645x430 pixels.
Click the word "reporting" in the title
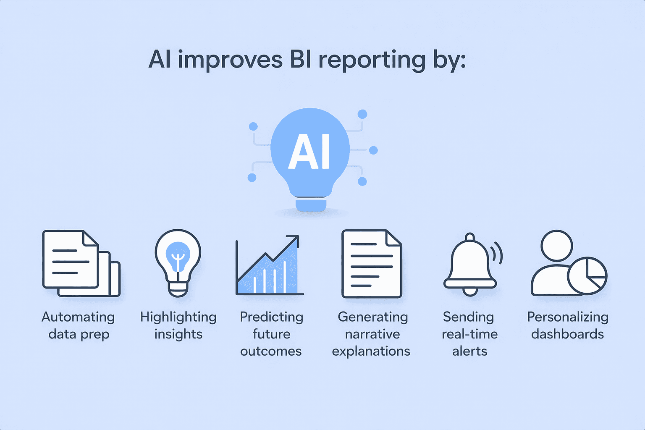[x=372, y=60]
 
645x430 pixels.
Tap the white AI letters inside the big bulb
[x=309, y=152]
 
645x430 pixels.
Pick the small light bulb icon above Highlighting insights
[x=178, y=263]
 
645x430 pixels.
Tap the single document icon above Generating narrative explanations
[x=372, y=264]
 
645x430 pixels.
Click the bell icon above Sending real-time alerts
[x=470, y=265]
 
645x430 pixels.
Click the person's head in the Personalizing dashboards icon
[x=557, y=246]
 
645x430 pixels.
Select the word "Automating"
[x=78, y=317]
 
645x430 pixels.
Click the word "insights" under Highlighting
[x=178, y=334]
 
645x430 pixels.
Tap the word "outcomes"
[x=271, y=351]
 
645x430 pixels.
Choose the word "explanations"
[x=371, y=351]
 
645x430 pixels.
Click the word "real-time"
[x=469, y=334]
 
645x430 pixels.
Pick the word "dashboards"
[x=567, y=334]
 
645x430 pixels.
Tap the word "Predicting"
[x=271, y=317]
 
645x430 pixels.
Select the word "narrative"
[x=372, y=334]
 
